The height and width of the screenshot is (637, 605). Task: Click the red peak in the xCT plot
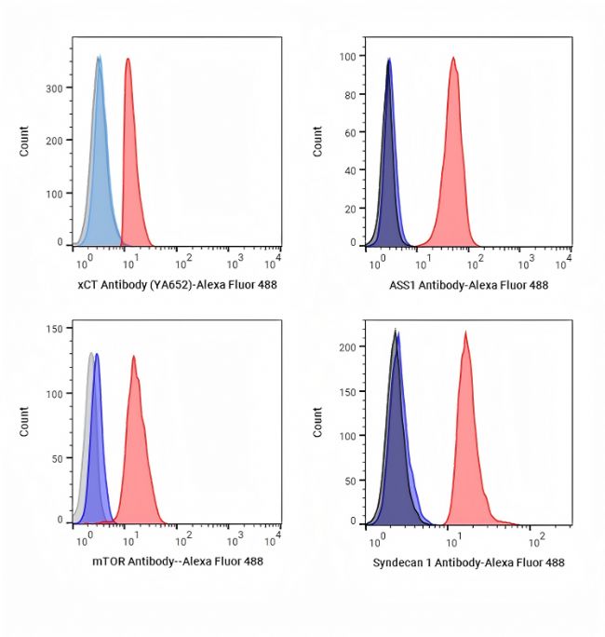pyautogui.click(x=128, y=149)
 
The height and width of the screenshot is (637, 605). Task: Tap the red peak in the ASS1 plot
pyautogui.click(x=453, y=149)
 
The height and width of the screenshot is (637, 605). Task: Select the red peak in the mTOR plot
pyautogui.click(x=136, y=438)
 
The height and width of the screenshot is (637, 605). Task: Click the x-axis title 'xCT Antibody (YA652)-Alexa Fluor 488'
pyautogui.click(x=177, y=285)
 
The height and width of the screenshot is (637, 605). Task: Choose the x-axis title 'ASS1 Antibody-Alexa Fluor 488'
pyautogui.click(x=469, y=285)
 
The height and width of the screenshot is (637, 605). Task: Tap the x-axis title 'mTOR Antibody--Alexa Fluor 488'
pyautogui.click(x=177, y=562)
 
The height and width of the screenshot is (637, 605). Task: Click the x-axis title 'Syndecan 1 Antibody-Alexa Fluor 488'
pyautogui.click(x=468, y=562)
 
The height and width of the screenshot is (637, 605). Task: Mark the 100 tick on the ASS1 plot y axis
pyautogui.click(x=349, y=56)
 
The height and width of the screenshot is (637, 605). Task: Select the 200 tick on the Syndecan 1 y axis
pyautogui.click(x=347, y=347)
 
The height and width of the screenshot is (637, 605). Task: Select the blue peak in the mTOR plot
pyautogui.click(x=97, y=438)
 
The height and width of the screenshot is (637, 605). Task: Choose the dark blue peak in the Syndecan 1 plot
pyautogui.click(x=397, y=438)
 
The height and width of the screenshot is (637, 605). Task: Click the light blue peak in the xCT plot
pyautogui.click(x=100, y=149)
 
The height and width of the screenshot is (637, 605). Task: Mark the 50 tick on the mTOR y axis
pyautogui.click(x=58, y=459)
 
